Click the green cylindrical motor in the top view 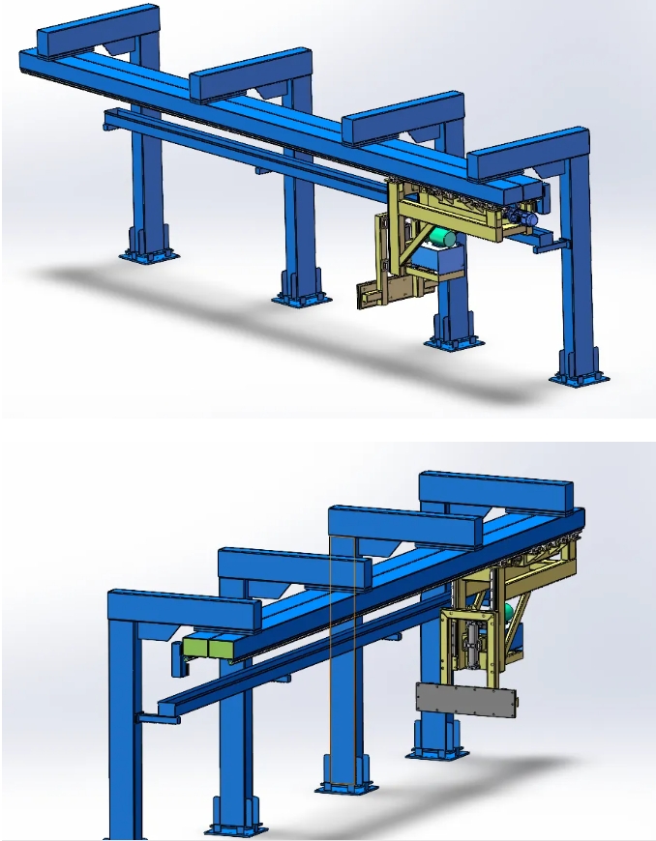click(x=443, y=237)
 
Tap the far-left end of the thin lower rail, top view click(x=109, y=118)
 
